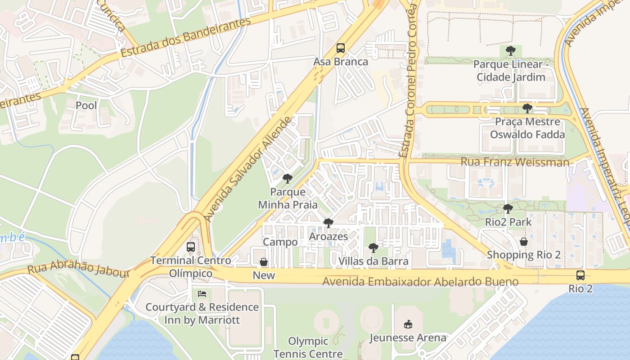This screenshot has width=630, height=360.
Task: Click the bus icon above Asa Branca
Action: pos(341,48)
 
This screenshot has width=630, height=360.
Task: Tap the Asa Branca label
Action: pos(341,62)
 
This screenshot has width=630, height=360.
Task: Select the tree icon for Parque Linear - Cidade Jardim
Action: pos(510,51)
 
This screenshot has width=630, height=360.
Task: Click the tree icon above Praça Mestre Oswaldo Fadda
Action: pos(527,108)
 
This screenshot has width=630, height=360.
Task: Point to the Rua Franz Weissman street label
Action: pos(515,162)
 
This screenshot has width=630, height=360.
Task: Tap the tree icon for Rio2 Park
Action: pos(508,209)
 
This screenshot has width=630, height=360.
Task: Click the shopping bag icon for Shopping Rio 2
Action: pos(524,242)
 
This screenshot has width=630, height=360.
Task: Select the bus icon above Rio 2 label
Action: pos(580,275)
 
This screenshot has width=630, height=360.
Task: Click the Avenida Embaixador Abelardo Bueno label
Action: pos(420,282)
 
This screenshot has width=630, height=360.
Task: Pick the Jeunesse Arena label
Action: pos(408,337)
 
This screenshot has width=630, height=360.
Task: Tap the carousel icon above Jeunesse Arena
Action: pos(408,324)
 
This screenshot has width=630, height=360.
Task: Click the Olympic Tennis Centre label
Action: pos(308,347)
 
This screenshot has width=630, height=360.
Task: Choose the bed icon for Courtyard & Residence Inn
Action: pos(202,294)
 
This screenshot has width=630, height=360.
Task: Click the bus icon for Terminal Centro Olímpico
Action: pos(191,247)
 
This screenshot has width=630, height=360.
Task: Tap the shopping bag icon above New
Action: pos(264,262)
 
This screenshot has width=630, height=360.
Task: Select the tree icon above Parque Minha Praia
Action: pos(287,179)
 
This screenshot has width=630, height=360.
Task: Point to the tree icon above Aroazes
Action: pos(328,223)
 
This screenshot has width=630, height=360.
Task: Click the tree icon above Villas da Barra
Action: pos(373,247)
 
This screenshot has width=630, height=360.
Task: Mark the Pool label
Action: pos(86,105)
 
